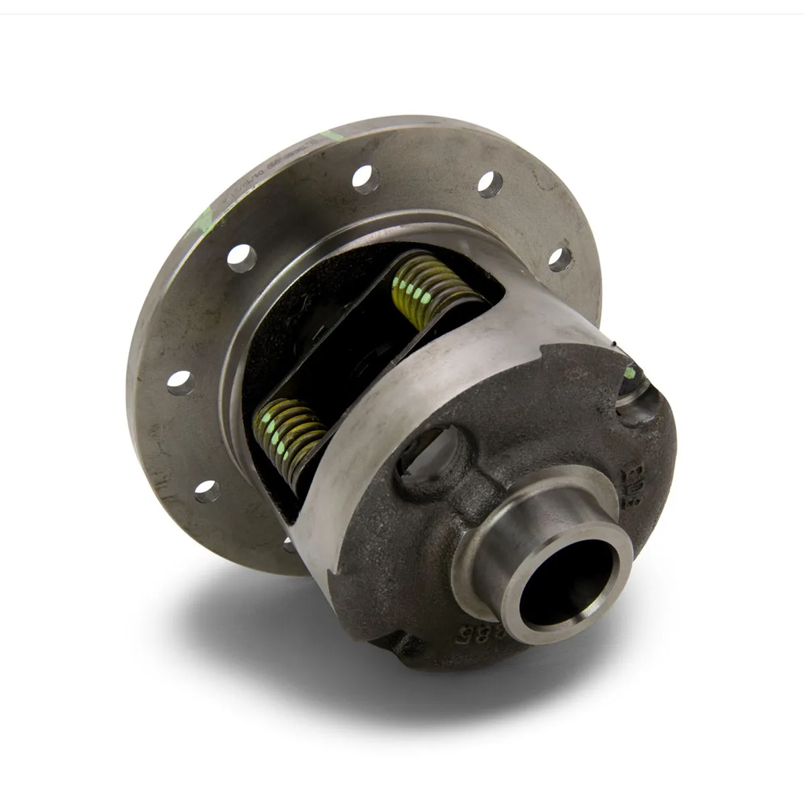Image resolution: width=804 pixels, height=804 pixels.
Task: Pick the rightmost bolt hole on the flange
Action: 561,259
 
